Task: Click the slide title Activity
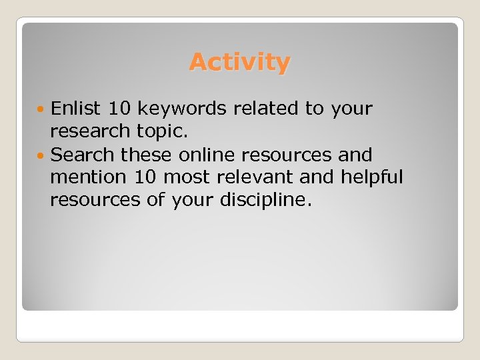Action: [239, 62]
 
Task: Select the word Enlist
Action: [74, 108]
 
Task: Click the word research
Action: [89, 131]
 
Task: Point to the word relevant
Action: [261, 177]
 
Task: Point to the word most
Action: [187, 177]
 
